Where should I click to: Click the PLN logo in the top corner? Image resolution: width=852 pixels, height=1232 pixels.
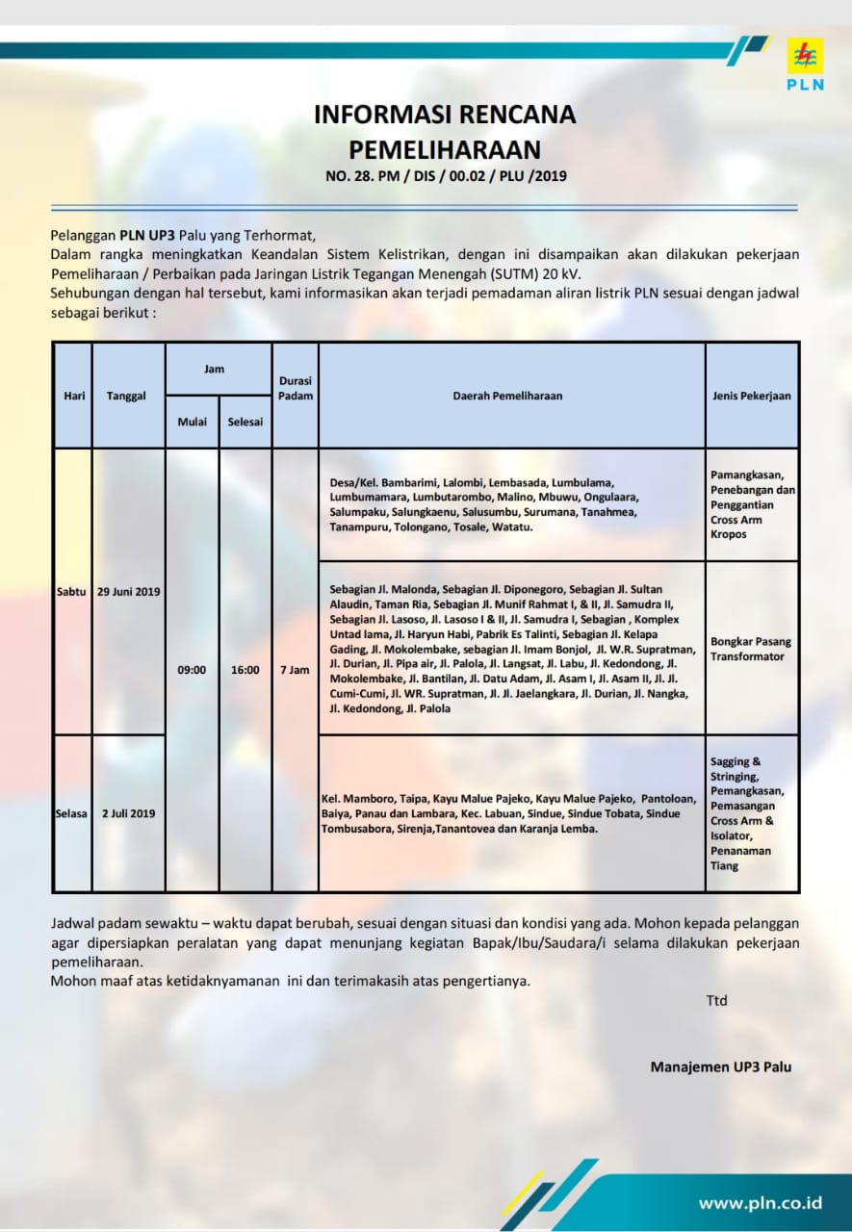(x=805, y=64)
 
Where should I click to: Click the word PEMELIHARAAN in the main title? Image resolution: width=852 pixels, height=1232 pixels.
(x=444, y=149)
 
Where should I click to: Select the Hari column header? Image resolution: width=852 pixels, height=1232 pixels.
(x=73, y=396)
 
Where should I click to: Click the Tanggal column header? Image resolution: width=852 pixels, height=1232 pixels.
(x=127, y=396)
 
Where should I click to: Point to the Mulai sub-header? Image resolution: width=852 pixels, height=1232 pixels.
(x=192, y=422)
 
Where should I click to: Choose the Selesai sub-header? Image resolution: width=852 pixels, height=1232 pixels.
(x=245, y=422)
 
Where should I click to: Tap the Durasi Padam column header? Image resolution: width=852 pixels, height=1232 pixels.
(x=295, y=388)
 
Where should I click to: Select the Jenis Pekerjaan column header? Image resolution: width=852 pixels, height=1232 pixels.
(x=751, y=396)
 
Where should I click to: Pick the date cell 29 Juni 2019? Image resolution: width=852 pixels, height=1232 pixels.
(x=128, y=591)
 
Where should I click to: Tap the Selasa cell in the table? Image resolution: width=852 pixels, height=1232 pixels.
(x=73, y=813)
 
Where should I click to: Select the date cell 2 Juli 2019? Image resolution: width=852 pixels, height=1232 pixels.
(x=128, y=813)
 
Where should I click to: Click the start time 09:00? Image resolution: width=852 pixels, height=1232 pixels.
(x=192, y=670)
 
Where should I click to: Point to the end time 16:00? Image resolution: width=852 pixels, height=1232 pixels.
(x=245, y=670)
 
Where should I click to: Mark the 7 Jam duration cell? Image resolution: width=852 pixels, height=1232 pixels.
(x=295, y=670)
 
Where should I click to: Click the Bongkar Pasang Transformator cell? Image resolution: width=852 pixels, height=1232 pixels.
(x=748, y=648)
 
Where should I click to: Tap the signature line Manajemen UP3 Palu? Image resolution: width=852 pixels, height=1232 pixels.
(x=721, y=1066)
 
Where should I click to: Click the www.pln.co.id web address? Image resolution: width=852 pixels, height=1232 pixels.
(x=761, y=1202)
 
